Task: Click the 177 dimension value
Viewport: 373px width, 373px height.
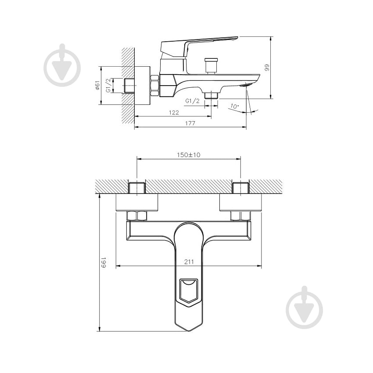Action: [190, 123]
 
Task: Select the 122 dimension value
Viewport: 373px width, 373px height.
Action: [174, 112]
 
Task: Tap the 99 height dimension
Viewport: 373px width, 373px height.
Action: [266, 67]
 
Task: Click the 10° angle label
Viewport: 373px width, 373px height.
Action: [234, 106]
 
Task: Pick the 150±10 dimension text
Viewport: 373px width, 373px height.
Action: [189, 155]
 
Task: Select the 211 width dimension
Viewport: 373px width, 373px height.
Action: [189, 262]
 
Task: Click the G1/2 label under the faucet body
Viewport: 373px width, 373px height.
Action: [193, 101]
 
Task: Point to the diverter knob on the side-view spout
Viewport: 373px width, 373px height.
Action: [212, 65]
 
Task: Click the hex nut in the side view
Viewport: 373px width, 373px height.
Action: [154, 85]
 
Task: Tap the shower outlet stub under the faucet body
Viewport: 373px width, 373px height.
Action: [211, 95]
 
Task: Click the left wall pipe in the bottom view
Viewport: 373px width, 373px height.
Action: [137, 187]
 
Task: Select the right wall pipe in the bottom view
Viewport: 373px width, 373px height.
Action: [240, 187]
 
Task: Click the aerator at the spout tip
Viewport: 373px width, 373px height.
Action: [248, 85]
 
